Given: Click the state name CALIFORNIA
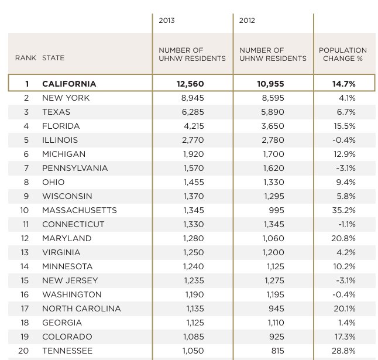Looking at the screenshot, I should (x=69, y=84).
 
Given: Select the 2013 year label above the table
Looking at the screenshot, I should (x=167, y=20).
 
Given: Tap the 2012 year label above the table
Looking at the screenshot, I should (x=248, y=20).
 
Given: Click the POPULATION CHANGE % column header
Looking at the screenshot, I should (x=343, y=54).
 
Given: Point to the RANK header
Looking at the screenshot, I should (x=25, y=58).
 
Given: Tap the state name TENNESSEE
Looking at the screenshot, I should (x=67, y=351).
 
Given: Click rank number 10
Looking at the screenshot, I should (x=26, y=210).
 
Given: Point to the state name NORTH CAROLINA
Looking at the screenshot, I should (x=81, y=308).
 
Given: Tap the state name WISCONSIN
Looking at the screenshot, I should (x=67, y=196).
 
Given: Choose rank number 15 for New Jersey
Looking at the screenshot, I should (x=26, y=280).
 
